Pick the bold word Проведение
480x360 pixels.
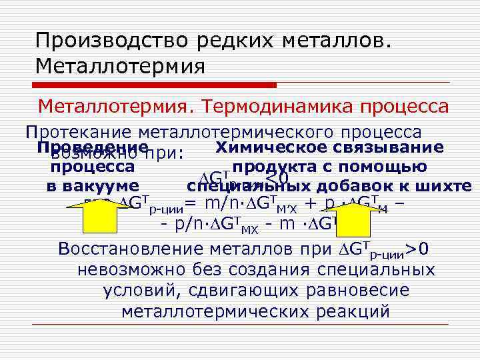93,147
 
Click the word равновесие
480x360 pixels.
359,291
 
